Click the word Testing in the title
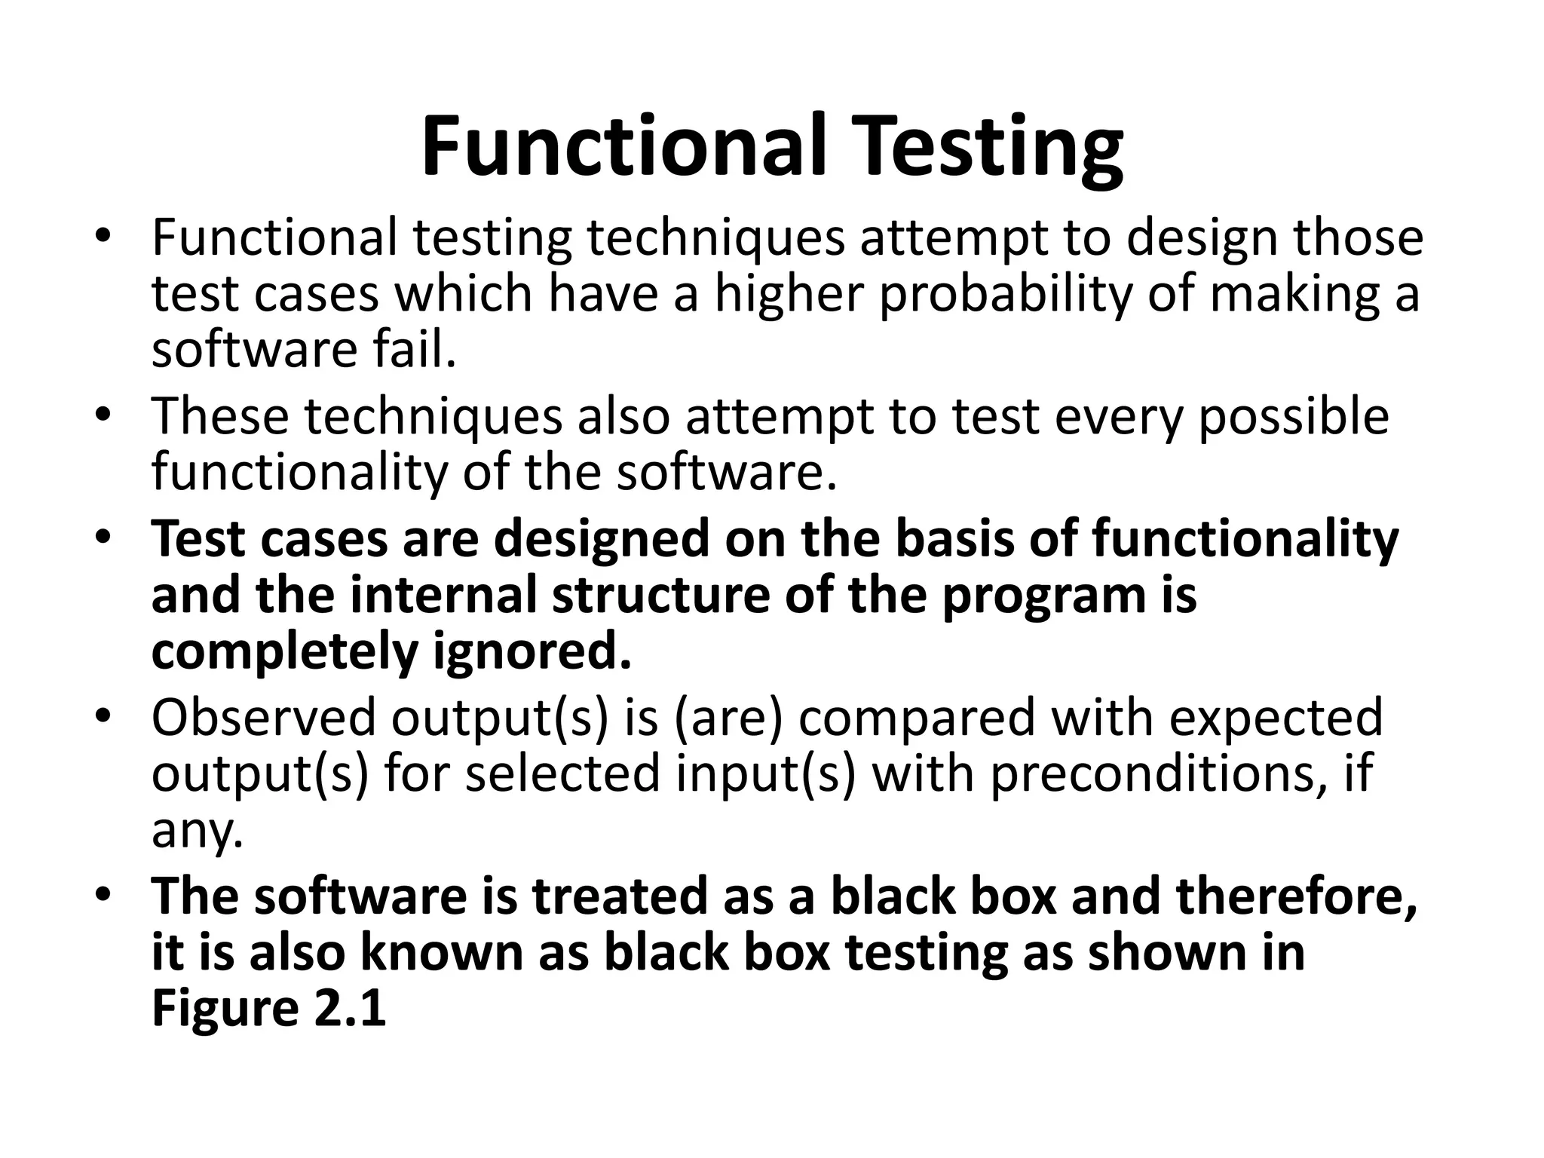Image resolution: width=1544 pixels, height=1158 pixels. (989, 147)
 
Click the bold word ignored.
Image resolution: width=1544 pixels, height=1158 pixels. (532, 652)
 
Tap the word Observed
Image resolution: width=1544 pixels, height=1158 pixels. (262, 717)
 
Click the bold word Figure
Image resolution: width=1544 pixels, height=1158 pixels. (225, 1008)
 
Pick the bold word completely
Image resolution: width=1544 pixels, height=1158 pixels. (284, 652)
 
